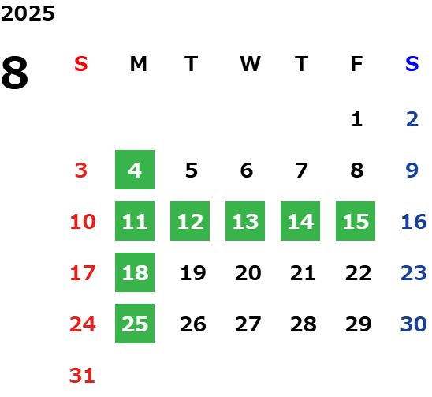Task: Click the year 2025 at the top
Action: click(28, 13)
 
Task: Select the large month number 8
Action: click(15, 73)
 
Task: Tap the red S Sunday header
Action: click(81, 64)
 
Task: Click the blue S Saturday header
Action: click(412, 64)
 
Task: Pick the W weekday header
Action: click(250, 64)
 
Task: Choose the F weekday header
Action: click(357, 64)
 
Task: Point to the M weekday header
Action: click(138, 64)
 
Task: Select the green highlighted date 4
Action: click(135, 170)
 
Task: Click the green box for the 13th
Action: click(245, 221)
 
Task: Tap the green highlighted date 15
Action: click(356, 221)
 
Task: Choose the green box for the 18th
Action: click(135, 272)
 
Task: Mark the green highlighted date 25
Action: click(135, 324)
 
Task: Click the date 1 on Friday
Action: click(357, 119)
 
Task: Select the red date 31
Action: click(82, 375)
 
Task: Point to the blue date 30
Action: click(414, 324)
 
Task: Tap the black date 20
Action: click(248, 273)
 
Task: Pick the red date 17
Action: click(83, 273)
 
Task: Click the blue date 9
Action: click(412, 170)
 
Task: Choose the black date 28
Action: click(304, 324)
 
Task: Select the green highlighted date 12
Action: click(190, 221)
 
